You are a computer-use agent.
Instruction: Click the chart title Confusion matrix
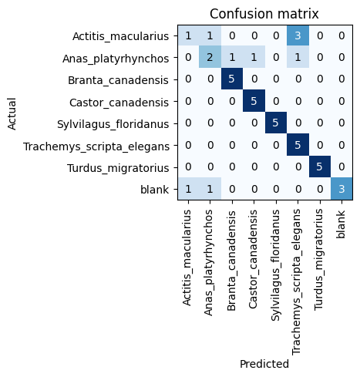click(x=264, y=14)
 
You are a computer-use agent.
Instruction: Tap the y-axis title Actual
click(x=12, y=113)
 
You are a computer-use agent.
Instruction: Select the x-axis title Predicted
click(x=264, y=364)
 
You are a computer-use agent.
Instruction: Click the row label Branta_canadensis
click(x=118, y=80)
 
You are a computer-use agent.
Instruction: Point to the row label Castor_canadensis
click(x=119, y=103)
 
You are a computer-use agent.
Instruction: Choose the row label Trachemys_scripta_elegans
click(x=96, y=146)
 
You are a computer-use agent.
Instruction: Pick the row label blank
click(x=155, y=190)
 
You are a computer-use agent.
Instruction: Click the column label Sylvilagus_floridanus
click(x=275, y=265)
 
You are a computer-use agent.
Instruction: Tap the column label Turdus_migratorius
click(x=319, y=259)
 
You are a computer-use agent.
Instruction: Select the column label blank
click(x=341, y=224)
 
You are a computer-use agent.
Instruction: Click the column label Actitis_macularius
click(x=187, y=258)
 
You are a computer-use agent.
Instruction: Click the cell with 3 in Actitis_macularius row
click(x=298, y=35)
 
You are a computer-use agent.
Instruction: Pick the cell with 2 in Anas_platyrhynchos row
click(x=210, y=57)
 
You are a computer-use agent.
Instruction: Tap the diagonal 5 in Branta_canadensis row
click(x=232, y=79)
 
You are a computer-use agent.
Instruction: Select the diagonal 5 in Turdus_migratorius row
click(x=320, y=167)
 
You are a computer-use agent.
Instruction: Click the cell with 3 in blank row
click(x=341, y=189)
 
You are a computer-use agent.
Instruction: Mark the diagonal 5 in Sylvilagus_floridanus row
click(x=276, y=123)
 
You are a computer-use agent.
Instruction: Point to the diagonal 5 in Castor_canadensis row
click(x=254, y=101)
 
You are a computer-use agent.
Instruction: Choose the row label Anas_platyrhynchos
click(x=116, y=59)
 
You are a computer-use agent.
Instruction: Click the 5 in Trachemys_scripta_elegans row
click(x=298, y=145)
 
